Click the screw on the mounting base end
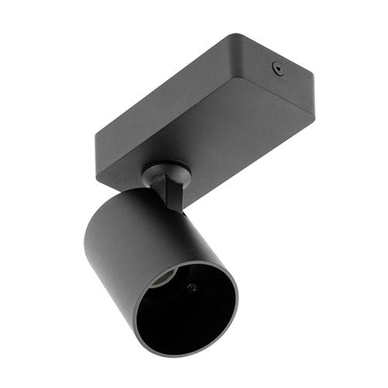coord(276,68)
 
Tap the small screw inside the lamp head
coord(192,287)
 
